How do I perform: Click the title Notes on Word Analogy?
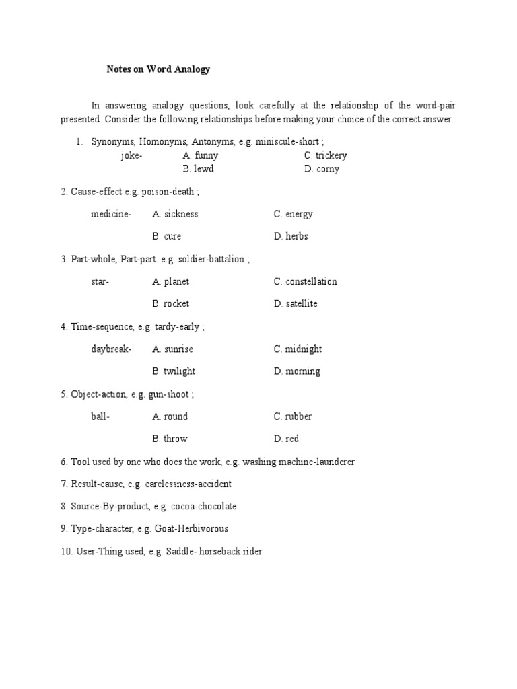point(159,69)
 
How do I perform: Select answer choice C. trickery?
point(325,155)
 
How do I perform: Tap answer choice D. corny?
point(322,169)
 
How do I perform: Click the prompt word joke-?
point(131,155)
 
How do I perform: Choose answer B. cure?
point(167,236)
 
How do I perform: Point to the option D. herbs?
point(291,236)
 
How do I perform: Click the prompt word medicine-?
point(111,214)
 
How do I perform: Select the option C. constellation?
point(305,281)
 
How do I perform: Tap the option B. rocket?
point(171,303)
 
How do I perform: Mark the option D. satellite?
point(296,303)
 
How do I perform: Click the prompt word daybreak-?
point(112,349)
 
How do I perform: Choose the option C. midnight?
point(298,349)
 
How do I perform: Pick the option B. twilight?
point(174,371)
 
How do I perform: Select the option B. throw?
point(170,439)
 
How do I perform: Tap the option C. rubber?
point(293,416)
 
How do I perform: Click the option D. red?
point(286,439)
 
